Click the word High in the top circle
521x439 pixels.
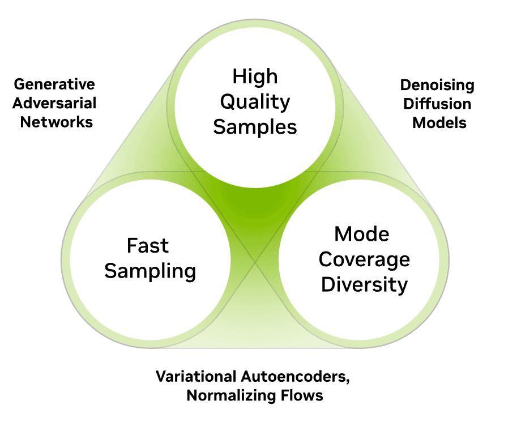point(255,77)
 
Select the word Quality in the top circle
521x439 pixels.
point(255,102)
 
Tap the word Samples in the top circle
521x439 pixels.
point(255,127)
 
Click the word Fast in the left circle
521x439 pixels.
point(147,246)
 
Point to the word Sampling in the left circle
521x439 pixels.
point(150,271)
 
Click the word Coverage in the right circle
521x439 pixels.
point(364,259)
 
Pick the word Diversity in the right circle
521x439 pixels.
point(364,284)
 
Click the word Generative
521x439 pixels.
point(54,85)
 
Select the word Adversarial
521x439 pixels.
point(55,103)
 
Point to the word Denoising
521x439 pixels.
point(437,86)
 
